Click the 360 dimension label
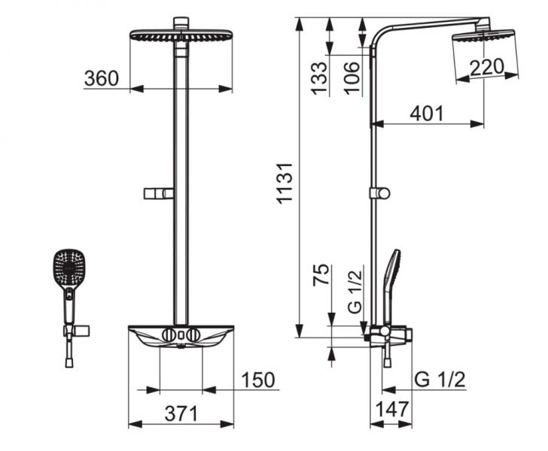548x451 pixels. coord(102,78)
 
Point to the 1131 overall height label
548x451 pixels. coord(285,180)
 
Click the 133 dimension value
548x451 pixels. coord(319,76)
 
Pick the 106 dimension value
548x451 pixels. coord(352,76)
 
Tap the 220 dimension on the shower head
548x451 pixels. coord(487,68)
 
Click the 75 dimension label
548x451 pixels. coord(320,275)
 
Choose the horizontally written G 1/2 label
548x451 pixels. coord(440,380)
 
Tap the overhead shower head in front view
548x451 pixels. coord(180,36)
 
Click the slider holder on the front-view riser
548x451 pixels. coord(158,194)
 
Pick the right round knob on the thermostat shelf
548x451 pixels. coord(194,334)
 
